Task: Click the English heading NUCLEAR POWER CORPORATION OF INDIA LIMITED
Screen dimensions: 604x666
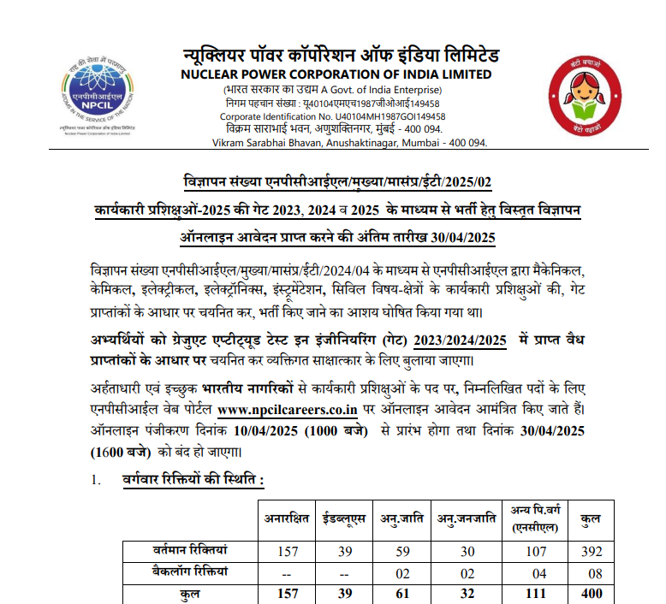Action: click(x=336, y=74)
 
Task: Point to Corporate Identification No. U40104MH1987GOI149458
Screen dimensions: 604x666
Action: click(x=332, y=116)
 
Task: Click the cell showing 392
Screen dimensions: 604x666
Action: click(x=590, y=553)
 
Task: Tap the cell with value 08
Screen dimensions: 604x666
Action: click(x=590, y=572)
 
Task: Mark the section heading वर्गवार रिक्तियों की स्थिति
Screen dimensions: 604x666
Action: click(x=193, y=482)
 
